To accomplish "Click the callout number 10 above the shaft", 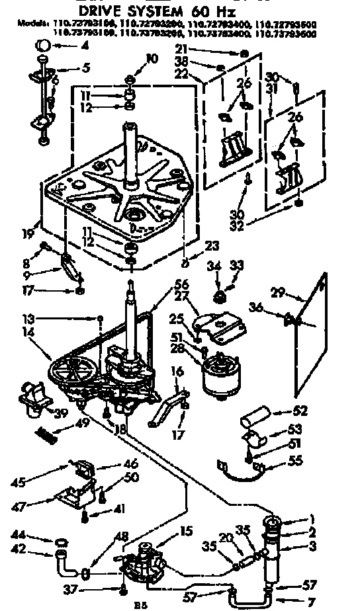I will [x=152, y=60].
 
